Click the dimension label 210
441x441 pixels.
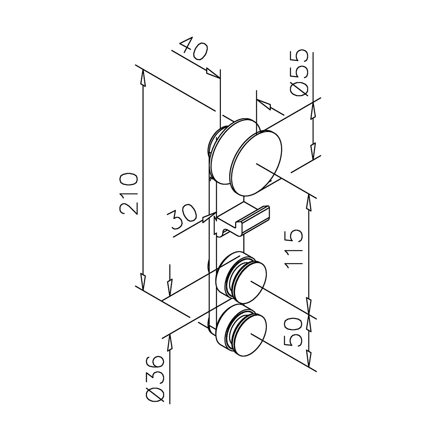(130, 194)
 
